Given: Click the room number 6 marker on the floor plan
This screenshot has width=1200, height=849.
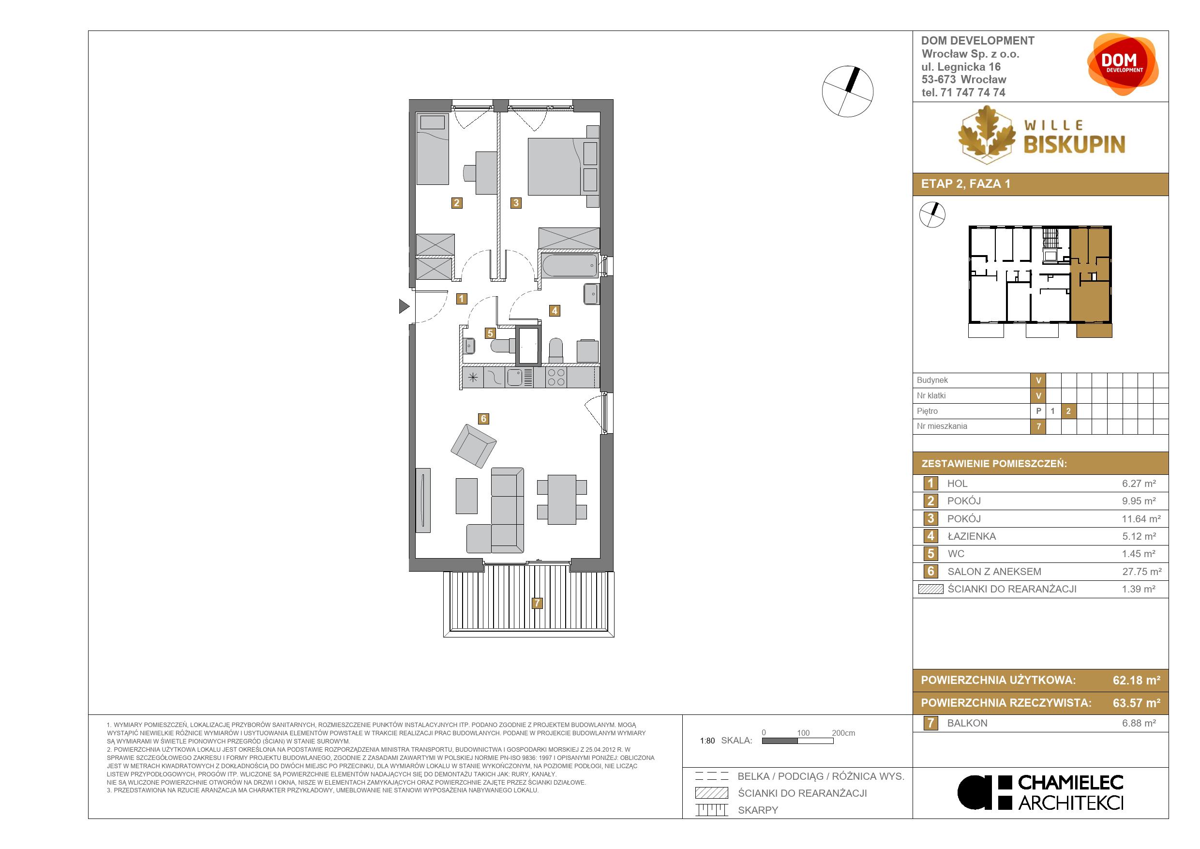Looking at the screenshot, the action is (x=483, y=419).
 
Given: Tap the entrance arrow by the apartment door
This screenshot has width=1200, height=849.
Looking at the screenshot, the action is (x=404, y=306).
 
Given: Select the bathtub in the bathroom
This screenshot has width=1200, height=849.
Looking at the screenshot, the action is (x=570, y=266).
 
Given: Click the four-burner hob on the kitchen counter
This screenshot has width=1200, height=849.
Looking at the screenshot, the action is (x=555, y=378).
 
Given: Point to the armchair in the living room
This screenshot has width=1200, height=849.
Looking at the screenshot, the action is (x=474, y=446).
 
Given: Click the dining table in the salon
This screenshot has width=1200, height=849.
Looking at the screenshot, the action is (x=562, y=499).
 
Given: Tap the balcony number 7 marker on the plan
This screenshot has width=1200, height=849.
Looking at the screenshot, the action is (x=537, y=603).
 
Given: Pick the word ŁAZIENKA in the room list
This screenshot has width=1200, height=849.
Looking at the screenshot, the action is (x=972, y=536).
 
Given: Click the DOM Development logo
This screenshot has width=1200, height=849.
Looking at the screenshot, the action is (x=1123, y=64).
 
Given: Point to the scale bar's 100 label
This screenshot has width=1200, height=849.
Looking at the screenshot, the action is (x=803, y=733).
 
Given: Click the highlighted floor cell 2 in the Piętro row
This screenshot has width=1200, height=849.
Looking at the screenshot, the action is (x=1068, y=411).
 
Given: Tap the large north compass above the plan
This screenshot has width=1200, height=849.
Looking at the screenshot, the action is (x=848, y=91).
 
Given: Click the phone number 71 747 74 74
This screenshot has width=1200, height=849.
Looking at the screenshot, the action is (x=973, y=92).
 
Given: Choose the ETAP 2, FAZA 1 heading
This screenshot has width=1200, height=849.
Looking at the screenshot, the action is (x=966, y=184).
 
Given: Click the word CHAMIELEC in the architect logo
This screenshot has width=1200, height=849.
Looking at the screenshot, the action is (x=1071, y=783).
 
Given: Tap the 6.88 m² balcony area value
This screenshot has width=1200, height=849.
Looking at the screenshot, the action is (x=1139, y=723).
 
